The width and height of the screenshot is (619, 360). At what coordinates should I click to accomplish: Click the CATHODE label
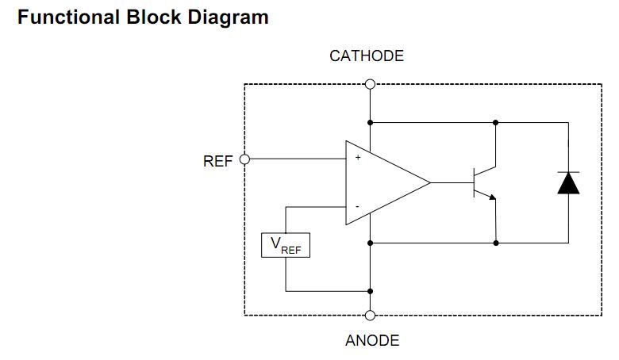(367, 56)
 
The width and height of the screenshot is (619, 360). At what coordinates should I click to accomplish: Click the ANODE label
(372, 341)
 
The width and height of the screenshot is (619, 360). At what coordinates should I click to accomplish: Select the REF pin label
(217, 161)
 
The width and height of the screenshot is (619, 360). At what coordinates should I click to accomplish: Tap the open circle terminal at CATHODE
(370, 84)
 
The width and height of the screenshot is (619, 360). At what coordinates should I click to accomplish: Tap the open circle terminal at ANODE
(370, 315)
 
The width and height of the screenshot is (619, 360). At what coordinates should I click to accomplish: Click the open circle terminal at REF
(244, 159)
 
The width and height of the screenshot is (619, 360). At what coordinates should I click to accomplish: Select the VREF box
(286, 245)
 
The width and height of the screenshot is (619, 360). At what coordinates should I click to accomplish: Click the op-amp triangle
(381, 183)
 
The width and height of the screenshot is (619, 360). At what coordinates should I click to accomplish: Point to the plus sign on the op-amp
(357, 159)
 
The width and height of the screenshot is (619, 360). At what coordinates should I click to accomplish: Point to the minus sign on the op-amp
(357, 207)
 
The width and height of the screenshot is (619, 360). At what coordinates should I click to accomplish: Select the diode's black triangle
(568, 183)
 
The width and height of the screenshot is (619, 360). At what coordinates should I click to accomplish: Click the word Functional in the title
(67, 17)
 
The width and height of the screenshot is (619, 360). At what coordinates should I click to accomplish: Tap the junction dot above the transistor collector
(496, 123)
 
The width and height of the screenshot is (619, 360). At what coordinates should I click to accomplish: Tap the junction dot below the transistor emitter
(496, 242)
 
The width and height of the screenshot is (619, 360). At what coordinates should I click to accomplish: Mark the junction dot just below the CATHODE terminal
(370, 123)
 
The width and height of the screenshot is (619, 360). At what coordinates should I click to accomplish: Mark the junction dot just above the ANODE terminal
(370, 291)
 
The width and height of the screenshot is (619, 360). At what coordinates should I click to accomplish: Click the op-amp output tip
(429, 183)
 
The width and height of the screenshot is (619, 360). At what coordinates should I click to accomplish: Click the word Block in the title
(153, 17)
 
